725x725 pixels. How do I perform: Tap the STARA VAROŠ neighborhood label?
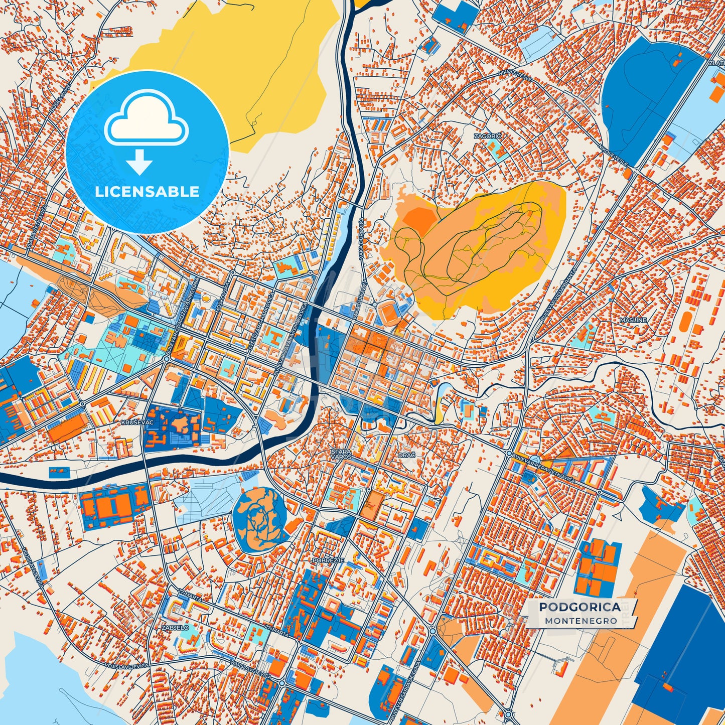pos(341,454)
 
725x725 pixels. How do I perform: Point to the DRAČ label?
pos(406,455)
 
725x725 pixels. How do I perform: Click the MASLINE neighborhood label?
pos(633,320)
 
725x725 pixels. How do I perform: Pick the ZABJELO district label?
pos(175,627)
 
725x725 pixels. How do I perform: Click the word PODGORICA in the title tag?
pos(579,607)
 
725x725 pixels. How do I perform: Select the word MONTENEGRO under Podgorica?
pos(581,621)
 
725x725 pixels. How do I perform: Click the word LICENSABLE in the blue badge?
pos(147,191)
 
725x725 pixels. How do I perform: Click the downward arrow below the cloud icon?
pos(139,162)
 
